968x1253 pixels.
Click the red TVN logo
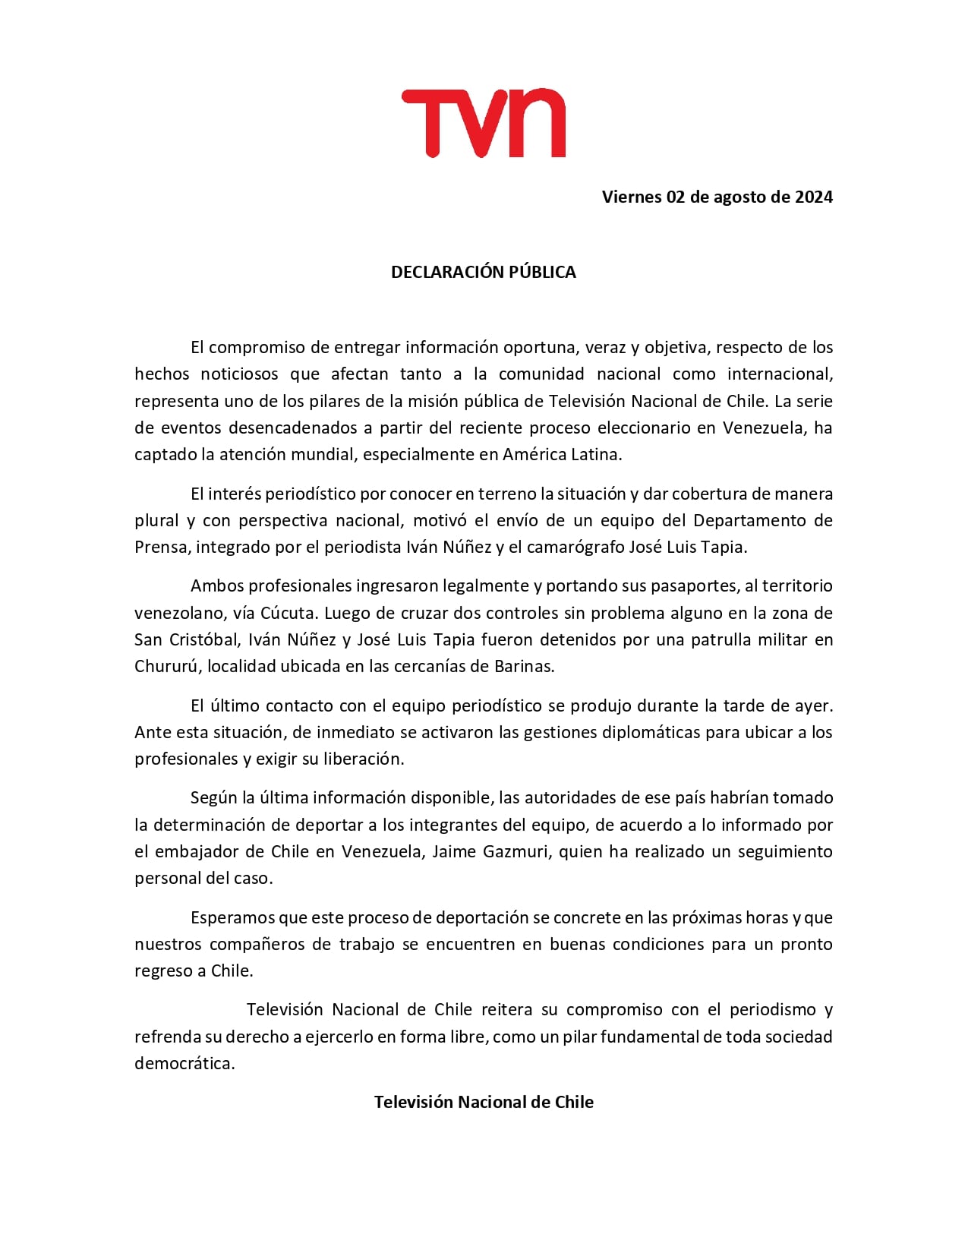point(484,123)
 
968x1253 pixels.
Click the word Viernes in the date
point(632,197)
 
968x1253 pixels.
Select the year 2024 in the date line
point(814,197)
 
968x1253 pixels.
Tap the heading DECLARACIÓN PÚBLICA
point(484,272)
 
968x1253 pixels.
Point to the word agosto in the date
point(739,197)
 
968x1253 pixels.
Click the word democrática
point(184,1064)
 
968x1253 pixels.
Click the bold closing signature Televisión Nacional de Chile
point(484,1103)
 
